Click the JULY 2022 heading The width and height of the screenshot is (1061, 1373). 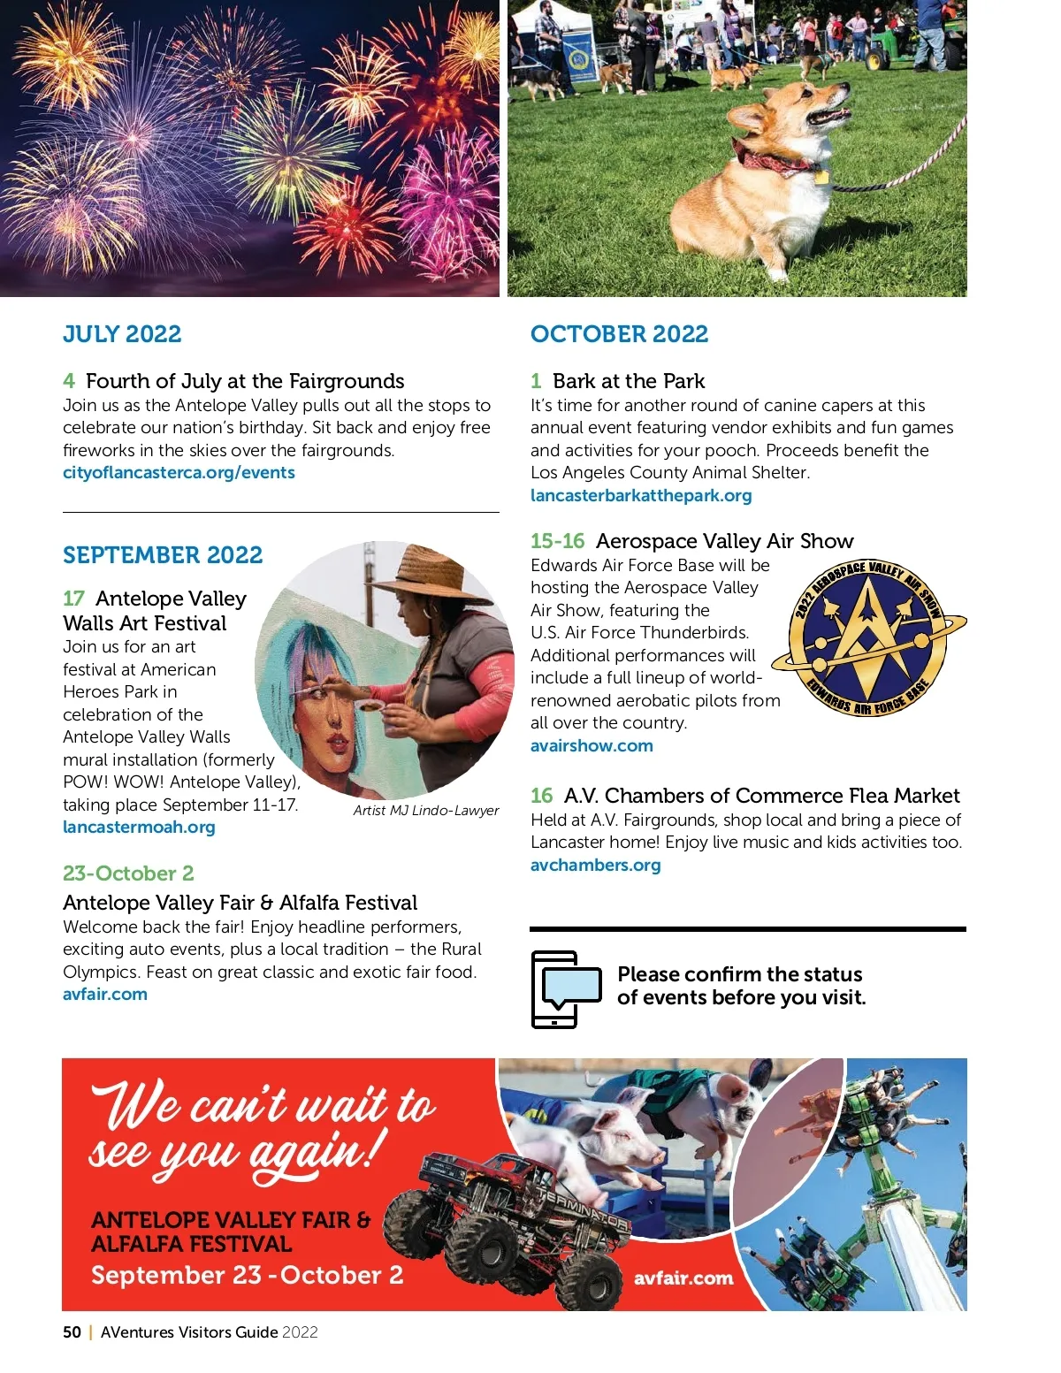(122, 334)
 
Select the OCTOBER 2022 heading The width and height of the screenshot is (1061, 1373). (619, 334)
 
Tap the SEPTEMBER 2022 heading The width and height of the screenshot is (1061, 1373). (163, 555)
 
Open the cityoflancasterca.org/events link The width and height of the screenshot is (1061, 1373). (179, 472)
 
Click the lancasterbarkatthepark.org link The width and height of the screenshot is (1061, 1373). (641, 495)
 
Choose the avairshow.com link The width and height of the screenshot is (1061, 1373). (592, 745)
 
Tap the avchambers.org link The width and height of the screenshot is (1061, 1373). (595, 865)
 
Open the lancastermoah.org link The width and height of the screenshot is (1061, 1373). (139, 827)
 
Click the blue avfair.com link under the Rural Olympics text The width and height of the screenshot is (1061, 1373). (105, 994)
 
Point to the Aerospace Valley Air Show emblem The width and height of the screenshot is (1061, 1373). (868, 637)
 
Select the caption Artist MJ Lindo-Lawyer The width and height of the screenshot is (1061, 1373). (426, 810)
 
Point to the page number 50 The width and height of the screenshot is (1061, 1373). (72, 1332)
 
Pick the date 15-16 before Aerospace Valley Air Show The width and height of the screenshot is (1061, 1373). (557, 541)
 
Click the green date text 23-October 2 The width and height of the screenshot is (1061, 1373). (128, 873)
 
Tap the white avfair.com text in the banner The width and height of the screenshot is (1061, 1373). (683, 1278)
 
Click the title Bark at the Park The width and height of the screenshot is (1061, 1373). (629, 381)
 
